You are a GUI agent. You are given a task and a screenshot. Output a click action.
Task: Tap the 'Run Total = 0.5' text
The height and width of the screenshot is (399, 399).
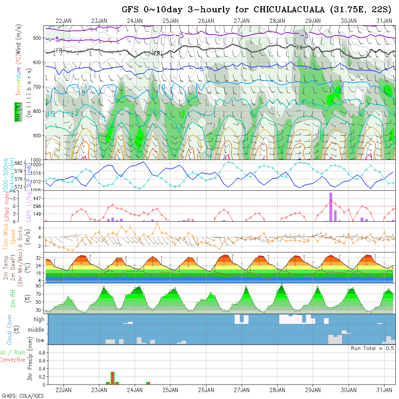coord(372,348)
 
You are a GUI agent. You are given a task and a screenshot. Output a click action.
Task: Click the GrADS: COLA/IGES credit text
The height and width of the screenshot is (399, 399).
coord(22,395)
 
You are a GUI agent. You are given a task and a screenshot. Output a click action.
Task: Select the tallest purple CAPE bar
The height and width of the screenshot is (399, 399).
coord(330,207)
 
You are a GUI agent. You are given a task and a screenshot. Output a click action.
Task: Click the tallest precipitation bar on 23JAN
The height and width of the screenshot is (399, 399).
coord(112,378)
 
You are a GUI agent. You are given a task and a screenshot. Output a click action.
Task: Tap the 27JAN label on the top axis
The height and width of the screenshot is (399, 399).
coord(242,21)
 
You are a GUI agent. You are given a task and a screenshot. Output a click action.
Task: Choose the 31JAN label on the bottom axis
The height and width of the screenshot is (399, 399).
coord(384,390)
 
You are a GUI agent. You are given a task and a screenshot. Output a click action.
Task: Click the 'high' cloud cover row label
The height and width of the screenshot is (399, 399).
coord(39,320)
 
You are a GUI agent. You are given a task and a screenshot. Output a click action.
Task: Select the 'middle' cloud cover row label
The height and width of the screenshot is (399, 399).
coord(36,330)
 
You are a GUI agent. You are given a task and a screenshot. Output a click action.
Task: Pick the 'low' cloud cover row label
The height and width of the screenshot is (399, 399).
coord(40,340)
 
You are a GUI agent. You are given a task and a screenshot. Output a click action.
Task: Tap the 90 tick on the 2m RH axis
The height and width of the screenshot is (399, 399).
coord(37,286)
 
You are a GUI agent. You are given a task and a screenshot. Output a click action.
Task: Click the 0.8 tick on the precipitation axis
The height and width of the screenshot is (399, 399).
coord(41,352)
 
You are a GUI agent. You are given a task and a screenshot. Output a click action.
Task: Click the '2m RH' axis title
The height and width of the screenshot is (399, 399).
coord(13,299)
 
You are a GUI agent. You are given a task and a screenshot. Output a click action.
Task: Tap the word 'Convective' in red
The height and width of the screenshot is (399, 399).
coord(12,360)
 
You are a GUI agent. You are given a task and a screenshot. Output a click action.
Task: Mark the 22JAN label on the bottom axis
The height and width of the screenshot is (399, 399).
coord(63,390)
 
